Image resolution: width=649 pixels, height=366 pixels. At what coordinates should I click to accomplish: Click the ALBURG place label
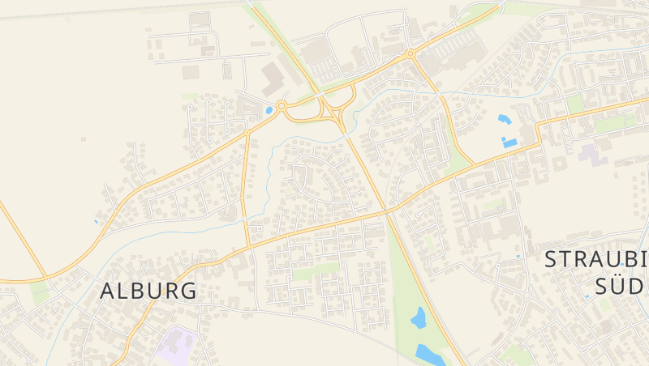coord(148,292)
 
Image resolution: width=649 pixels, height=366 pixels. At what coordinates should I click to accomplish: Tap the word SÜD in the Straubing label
coord(621,286)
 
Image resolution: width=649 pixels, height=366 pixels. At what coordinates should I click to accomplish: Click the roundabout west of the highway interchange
coord(282,105)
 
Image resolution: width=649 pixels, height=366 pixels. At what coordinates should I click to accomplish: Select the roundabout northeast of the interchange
coord(410,54)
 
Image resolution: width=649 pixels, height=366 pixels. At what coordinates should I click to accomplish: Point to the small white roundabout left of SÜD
coord(526,296)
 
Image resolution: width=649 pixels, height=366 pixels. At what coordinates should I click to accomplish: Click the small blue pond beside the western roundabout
coord(269,110)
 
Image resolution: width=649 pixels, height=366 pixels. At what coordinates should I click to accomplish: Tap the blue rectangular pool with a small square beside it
coord(509,143)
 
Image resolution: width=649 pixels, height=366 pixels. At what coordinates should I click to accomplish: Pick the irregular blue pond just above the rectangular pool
coord(504,120)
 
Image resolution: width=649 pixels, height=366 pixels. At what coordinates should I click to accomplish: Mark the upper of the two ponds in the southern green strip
coord(419,318)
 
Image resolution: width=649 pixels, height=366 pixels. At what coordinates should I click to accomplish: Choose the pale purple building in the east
coord(597,153)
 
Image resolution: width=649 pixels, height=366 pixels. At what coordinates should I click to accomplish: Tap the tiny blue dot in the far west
coord(97,220)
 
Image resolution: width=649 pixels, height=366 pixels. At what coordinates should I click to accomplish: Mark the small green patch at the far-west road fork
coord(41,292)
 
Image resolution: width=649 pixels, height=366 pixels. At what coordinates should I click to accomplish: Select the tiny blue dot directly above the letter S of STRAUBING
coord(518,256)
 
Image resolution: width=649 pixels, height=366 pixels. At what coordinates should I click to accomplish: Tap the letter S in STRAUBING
coord(552,259)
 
